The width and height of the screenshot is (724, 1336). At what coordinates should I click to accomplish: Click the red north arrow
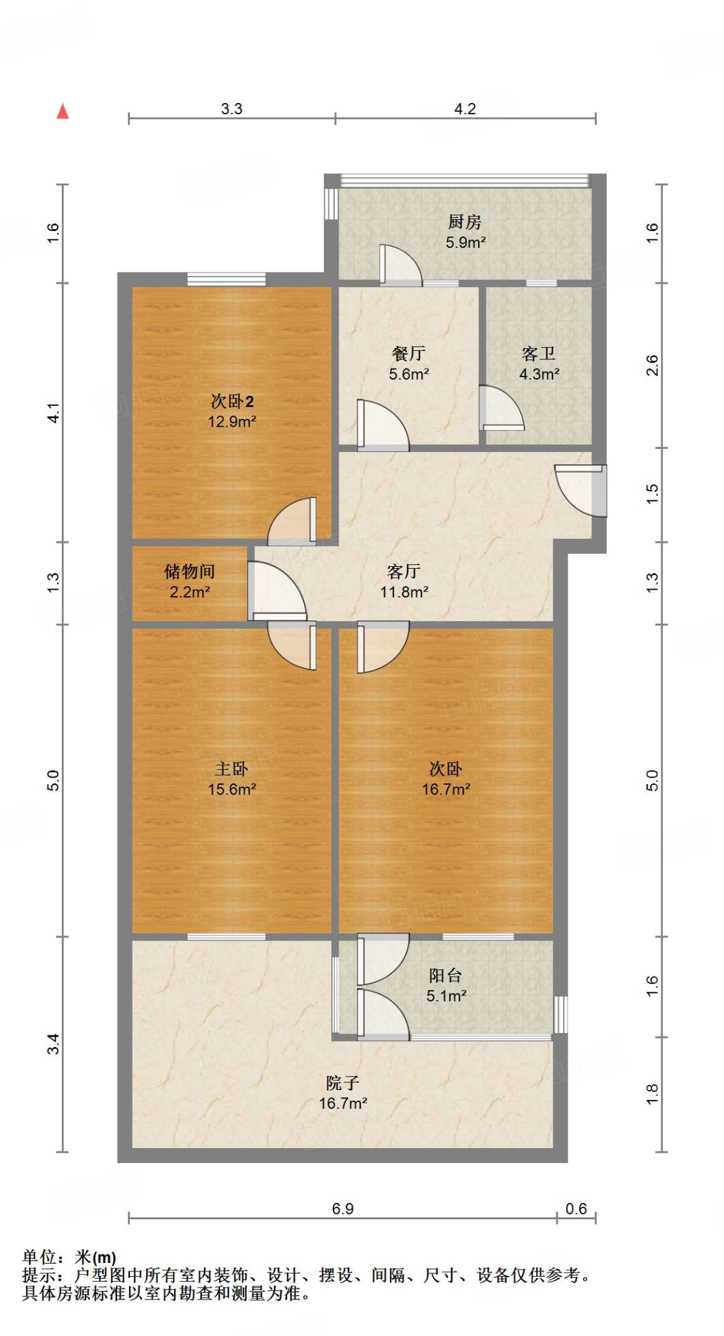[x=63, y=112]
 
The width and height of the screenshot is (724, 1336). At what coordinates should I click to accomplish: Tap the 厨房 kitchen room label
[x=464, y=222]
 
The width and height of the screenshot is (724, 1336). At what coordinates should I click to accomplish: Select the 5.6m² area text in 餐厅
[x=409, y=374]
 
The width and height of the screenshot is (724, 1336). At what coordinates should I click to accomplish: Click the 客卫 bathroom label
[x=539, y=354]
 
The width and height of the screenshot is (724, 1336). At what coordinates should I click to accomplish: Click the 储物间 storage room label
[x=189, y=572]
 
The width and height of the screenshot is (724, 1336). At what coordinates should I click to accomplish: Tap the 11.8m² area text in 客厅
[x=404, y=592]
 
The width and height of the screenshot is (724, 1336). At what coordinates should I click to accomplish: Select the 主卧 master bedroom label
[x=232, y=769]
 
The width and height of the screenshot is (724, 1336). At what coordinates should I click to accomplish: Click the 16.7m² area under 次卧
[x=445, y=790]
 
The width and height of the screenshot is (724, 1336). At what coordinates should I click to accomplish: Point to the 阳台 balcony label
[x=445, y=976]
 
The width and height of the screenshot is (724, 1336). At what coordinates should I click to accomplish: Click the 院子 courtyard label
[x=342, y=1084]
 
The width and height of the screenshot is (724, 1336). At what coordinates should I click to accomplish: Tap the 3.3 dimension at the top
[x=232, y=109]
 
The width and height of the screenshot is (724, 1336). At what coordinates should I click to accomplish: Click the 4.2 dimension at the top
[x=465, y=109]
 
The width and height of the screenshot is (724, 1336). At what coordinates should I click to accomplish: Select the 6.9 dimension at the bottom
[x=342, y=1209]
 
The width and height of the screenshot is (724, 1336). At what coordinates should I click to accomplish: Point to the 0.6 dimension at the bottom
[x=576, y=1209]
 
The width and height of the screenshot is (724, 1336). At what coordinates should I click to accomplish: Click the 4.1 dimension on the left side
[x=53, y=412]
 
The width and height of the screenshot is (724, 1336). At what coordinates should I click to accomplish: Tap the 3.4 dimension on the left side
[x=53, y=1044]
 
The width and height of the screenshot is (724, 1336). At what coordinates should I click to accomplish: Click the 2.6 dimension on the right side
[x=652, y=365]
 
